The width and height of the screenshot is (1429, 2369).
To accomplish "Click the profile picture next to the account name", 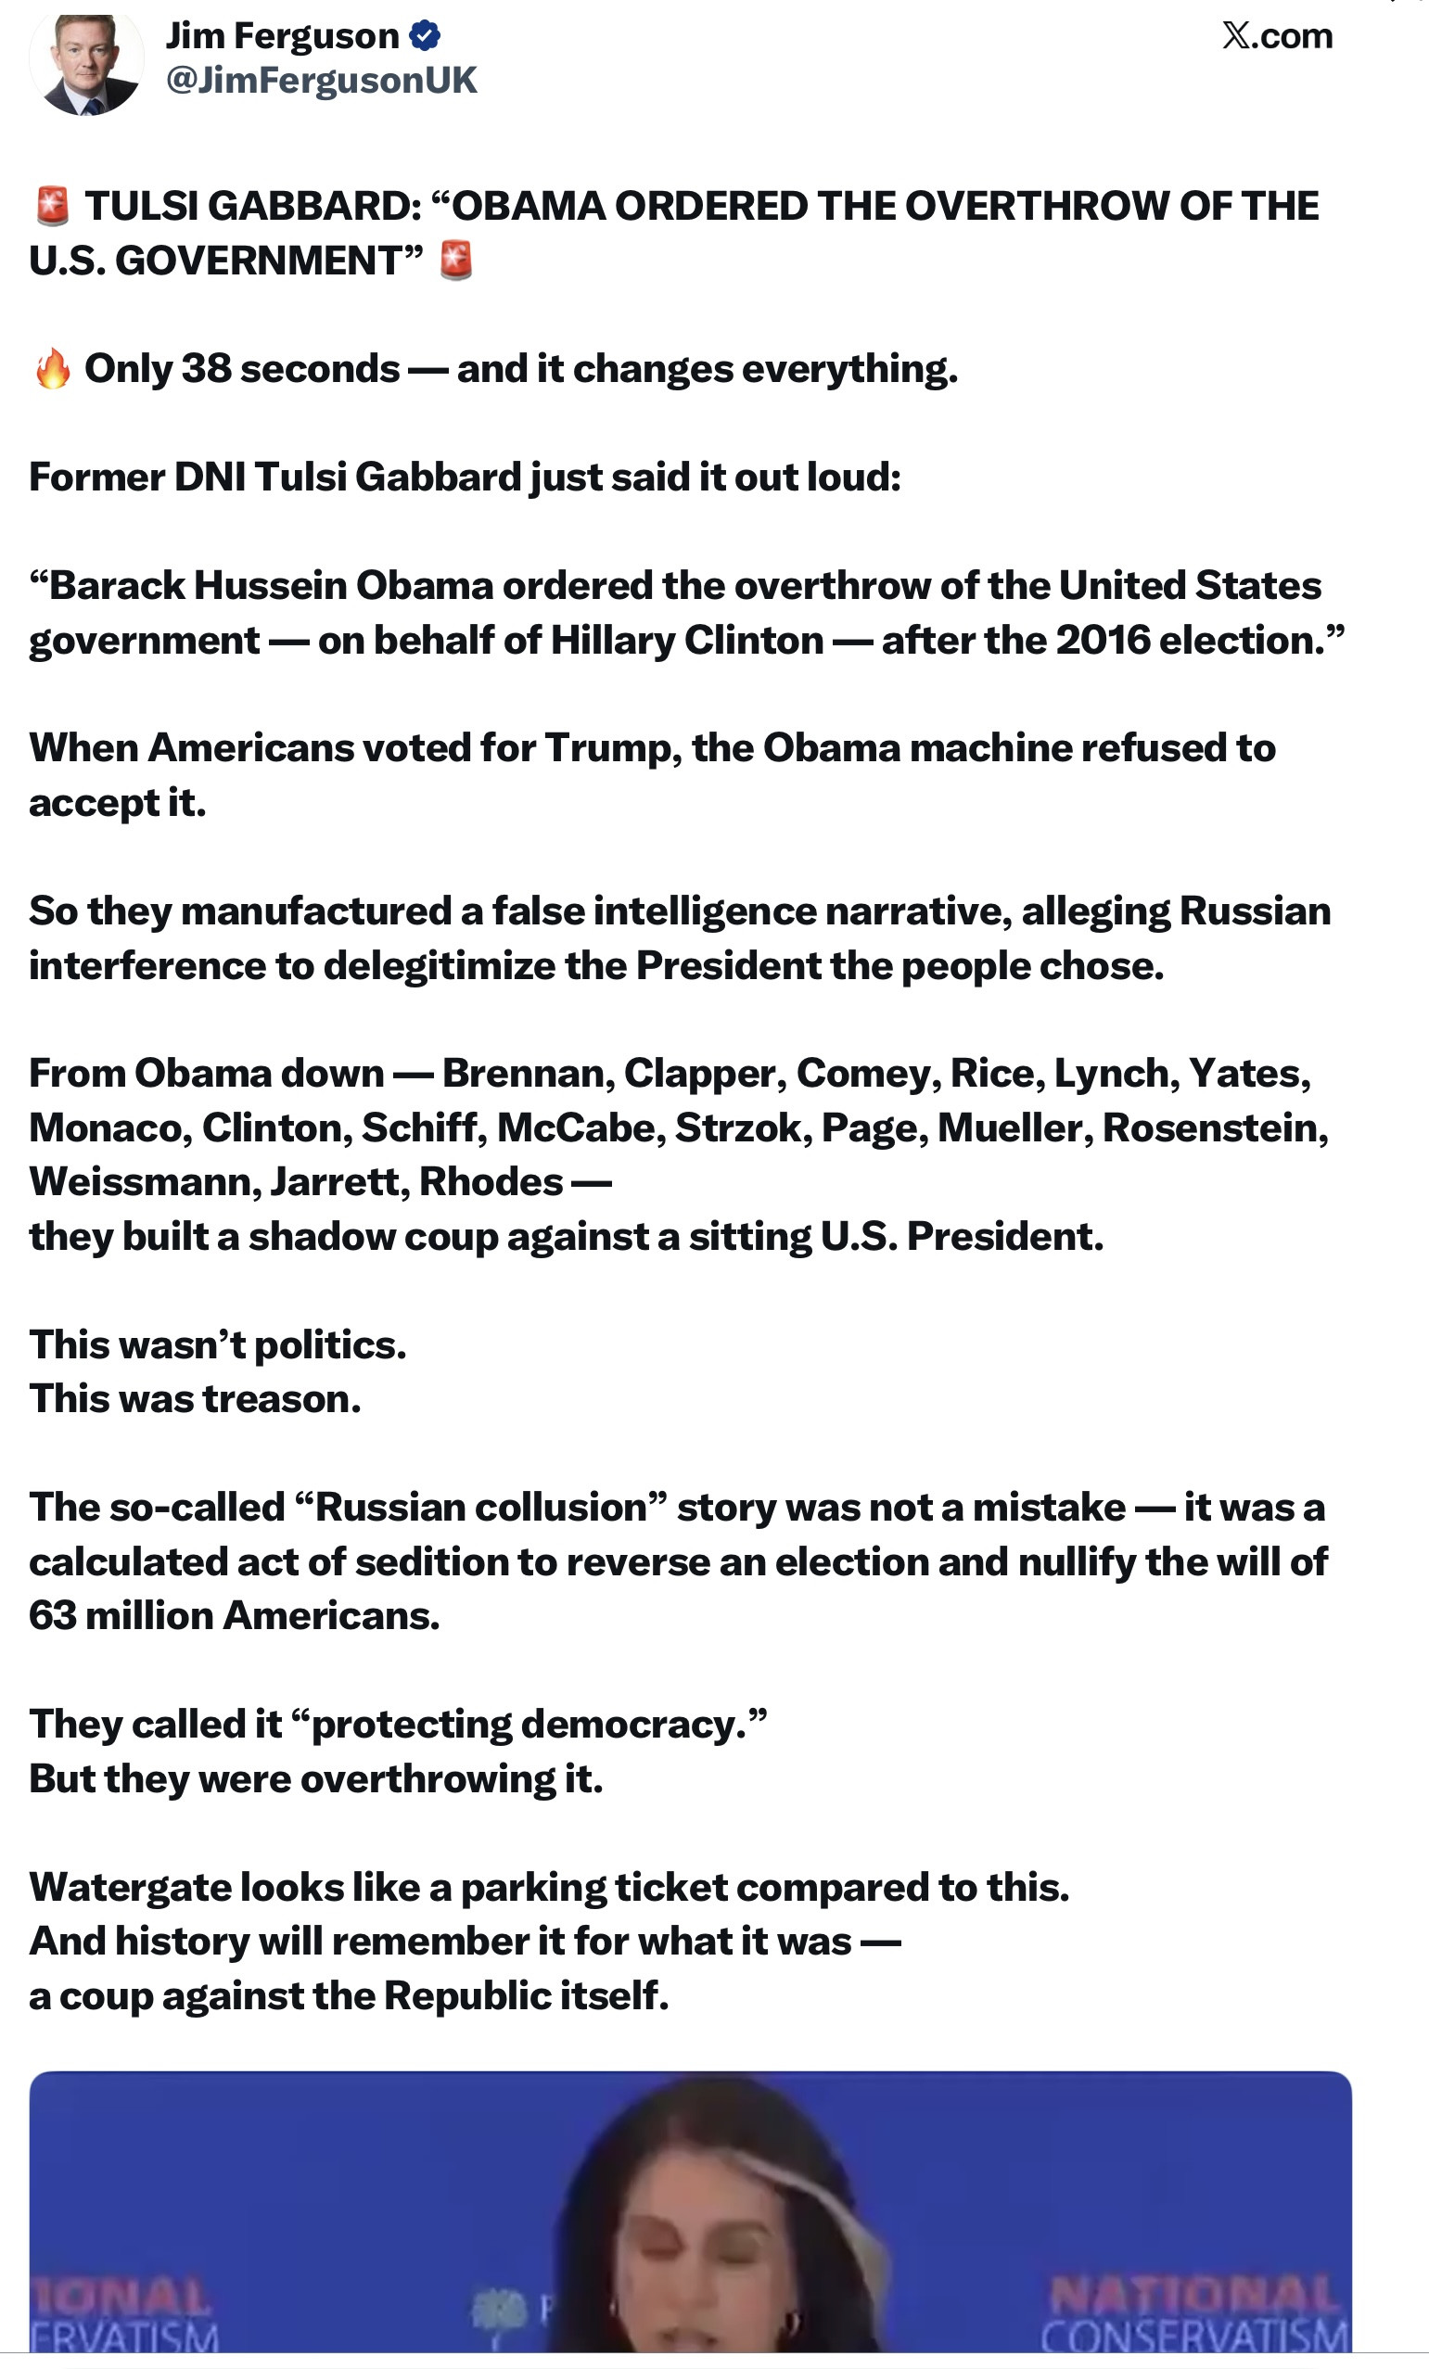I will click(x=86, y=63).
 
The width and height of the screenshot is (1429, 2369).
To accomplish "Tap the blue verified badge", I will click(x=424, y=35).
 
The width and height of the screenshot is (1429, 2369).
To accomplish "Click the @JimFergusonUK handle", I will click(x=321, y=80).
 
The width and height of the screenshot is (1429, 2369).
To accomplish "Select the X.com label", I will click(x=1277, y=35).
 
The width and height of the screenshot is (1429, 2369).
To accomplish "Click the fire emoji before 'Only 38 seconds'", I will click(x=52, y=369).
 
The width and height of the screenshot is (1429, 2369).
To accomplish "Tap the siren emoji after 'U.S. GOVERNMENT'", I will click(x=456, y=261).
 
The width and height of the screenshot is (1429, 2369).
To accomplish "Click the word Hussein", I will click(x=270, y=584).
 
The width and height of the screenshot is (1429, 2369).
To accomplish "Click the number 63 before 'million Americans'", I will click(x=52, y=1616).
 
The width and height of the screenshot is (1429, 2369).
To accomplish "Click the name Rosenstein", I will click(x=1215, y=1127).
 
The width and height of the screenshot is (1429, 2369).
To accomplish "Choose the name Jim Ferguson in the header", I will click(x=282, y=35).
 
